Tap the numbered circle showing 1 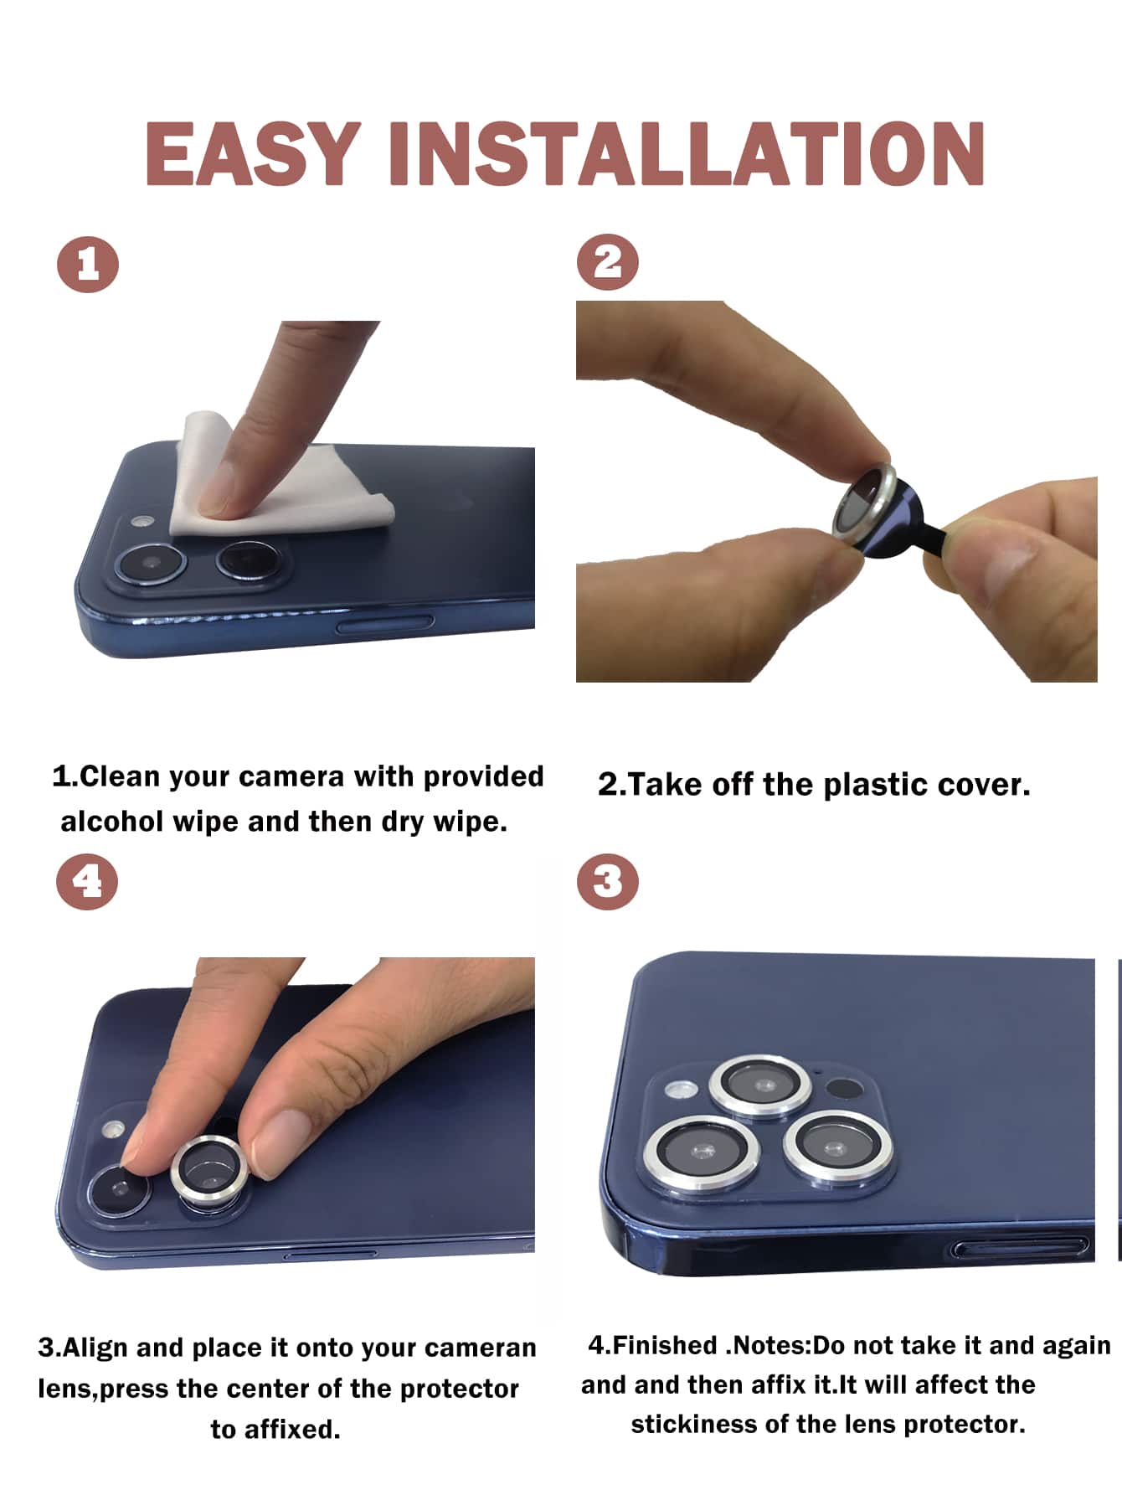pyautogui.click(x=88, y=265)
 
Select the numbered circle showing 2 pyautogui.click(x=608, y=262)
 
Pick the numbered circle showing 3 pyautogui.click(x=608, y=881)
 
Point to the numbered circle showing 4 pyautogui.click(x=87, y=882)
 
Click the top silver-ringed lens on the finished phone pyautogui.click(x=761, y=1086)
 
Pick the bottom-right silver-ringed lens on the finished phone pyautogui.click(x=837, y=1147)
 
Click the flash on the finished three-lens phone pyautogui.click(x=681, y=1090)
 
